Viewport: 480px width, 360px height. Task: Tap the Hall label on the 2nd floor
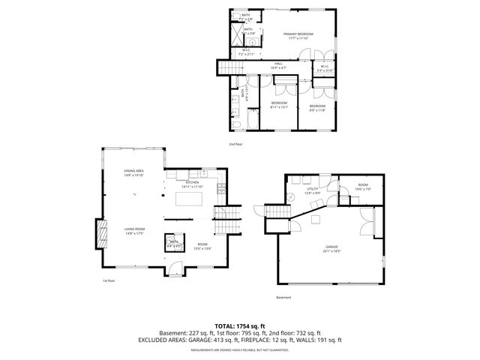coord(277,65)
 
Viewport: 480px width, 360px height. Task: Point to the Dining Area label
coord(134,173)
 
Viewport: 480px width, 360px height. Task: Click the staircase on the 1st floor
coord(224,223)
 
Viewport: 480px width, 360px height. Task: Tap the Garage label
coord(331,247)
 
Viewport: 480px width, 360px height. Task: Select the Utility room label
coord(312,190)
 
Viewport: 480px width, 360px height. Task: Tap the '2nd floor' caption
coord(235,144)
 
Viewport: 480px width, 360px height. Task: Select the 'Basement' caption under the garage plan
coord(283,298)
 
